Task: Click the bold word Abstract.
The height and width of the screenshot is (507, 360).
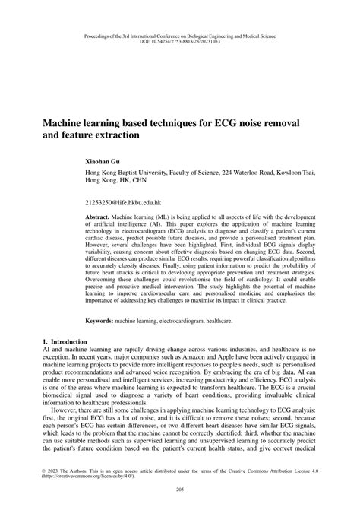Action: (x=99, y=217)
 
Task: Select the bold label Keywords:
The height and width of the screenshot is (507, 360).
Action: (x=103, y=322)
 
